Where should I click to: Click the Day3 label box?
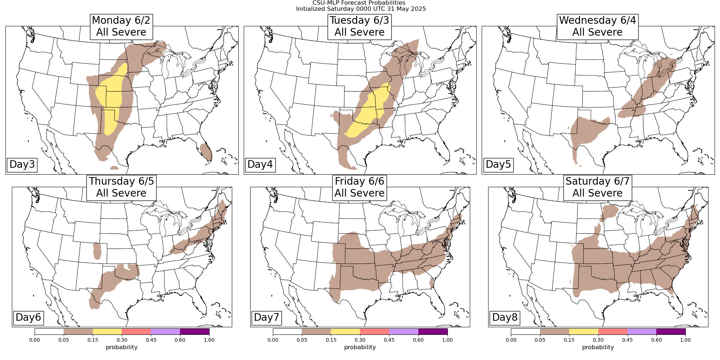pos(22,165)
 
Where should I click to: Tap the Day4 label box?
pos(260,165)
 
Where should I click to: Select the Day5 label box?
pos(498,165)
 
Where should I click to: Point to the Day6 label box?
pos(28,318)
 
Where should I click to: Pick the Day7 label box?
pos(266,318)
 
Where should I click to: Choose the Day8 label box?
pos(505,318)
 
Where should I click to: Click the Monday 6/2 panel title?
pos(121,26)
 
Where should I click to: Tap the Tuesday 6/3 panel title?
pos(360,26)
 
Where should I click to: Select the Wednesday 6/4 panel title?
pos(598,26)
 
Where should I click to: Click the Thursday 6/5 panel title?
pos(121,187)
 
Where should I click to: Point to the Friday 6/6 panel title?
pos(360,187)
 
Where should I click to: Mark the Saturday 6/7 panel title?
pos(598,187)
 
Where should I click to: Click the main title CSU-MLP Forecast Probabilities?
pos(361,3)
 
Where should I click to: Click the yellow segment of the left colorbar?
pos(107,332)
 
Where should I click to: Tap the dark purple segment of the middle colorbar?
pos(433,332)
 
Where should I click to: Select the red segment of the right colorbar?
pos(613,332)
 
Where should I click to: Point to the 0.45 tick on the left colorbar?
pos(151,340)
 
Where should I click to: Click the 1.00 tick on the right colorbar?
pos(685,340)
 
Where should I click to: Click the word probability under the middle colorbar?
pos(360,347)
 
